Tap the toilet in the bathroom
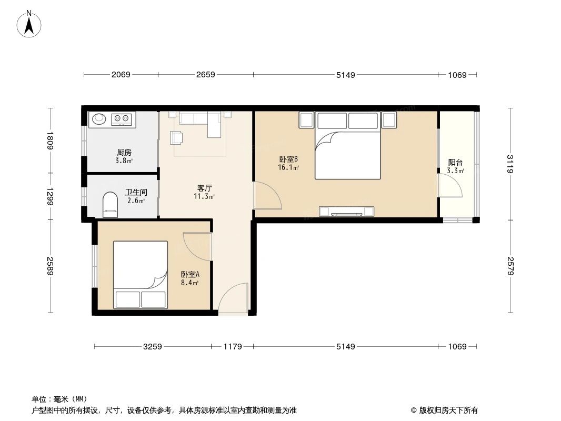pyautogui.click(x=109, y=204)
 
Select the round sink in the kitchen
pyautogui.click(x=99, y=119)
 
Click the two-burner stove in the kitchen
pyautogui.click(x=121, y=119)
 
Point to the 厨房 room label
pyautogui.click(x=124, y=153)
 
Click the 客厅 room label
pyautogui.click(x=205, y=188)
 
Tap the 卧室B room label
pyautogui.click(x=289, y=159)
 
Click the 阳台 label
pyautogui.click(x=455, y=163)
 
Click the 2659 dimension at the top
pyautogui.click(x=205, y=75)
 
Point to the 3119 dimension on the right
pyautogui.click(x=509, y=164)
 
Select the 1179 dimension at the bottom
pyautogui.click(x=232, y=346)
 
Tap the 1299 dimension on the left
pyautogui.click(x=51, y=197)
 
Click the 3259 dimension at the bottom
pyautogui.click(x=153, y=346)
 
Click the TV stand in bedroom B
pyautogui.click(x=347, y=212)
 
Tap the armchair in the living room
pyautogui.click(x=176, y=138)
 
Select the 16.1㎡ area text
pyautogui.click(x=289, y=168)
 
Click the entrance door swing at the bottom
pyautogui.click(x=233, y=299)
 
